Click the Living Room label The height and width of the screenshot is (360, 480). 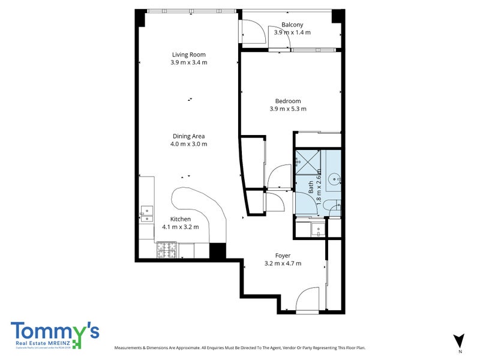point(189,54)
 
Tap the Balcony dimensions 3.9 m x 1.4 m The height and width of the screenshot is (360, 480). point(292,32)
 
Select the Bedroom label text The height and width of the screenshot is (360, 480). point(288,101)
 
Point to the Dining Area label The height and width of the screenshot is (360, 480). point(189,136)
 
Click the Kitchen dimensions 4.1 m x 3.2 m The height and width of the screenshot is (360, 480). point(181,227)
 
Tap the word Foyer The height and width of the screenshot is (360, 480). point(283,256)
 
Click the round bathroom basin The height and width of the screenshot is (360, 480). point(335,178)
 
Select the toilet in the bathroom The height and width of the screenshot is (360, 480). point(332,206)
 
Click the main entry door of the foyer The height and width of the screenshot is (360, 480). point(310,300)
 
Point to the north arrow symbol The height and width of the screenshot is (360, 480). point(459,340)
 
